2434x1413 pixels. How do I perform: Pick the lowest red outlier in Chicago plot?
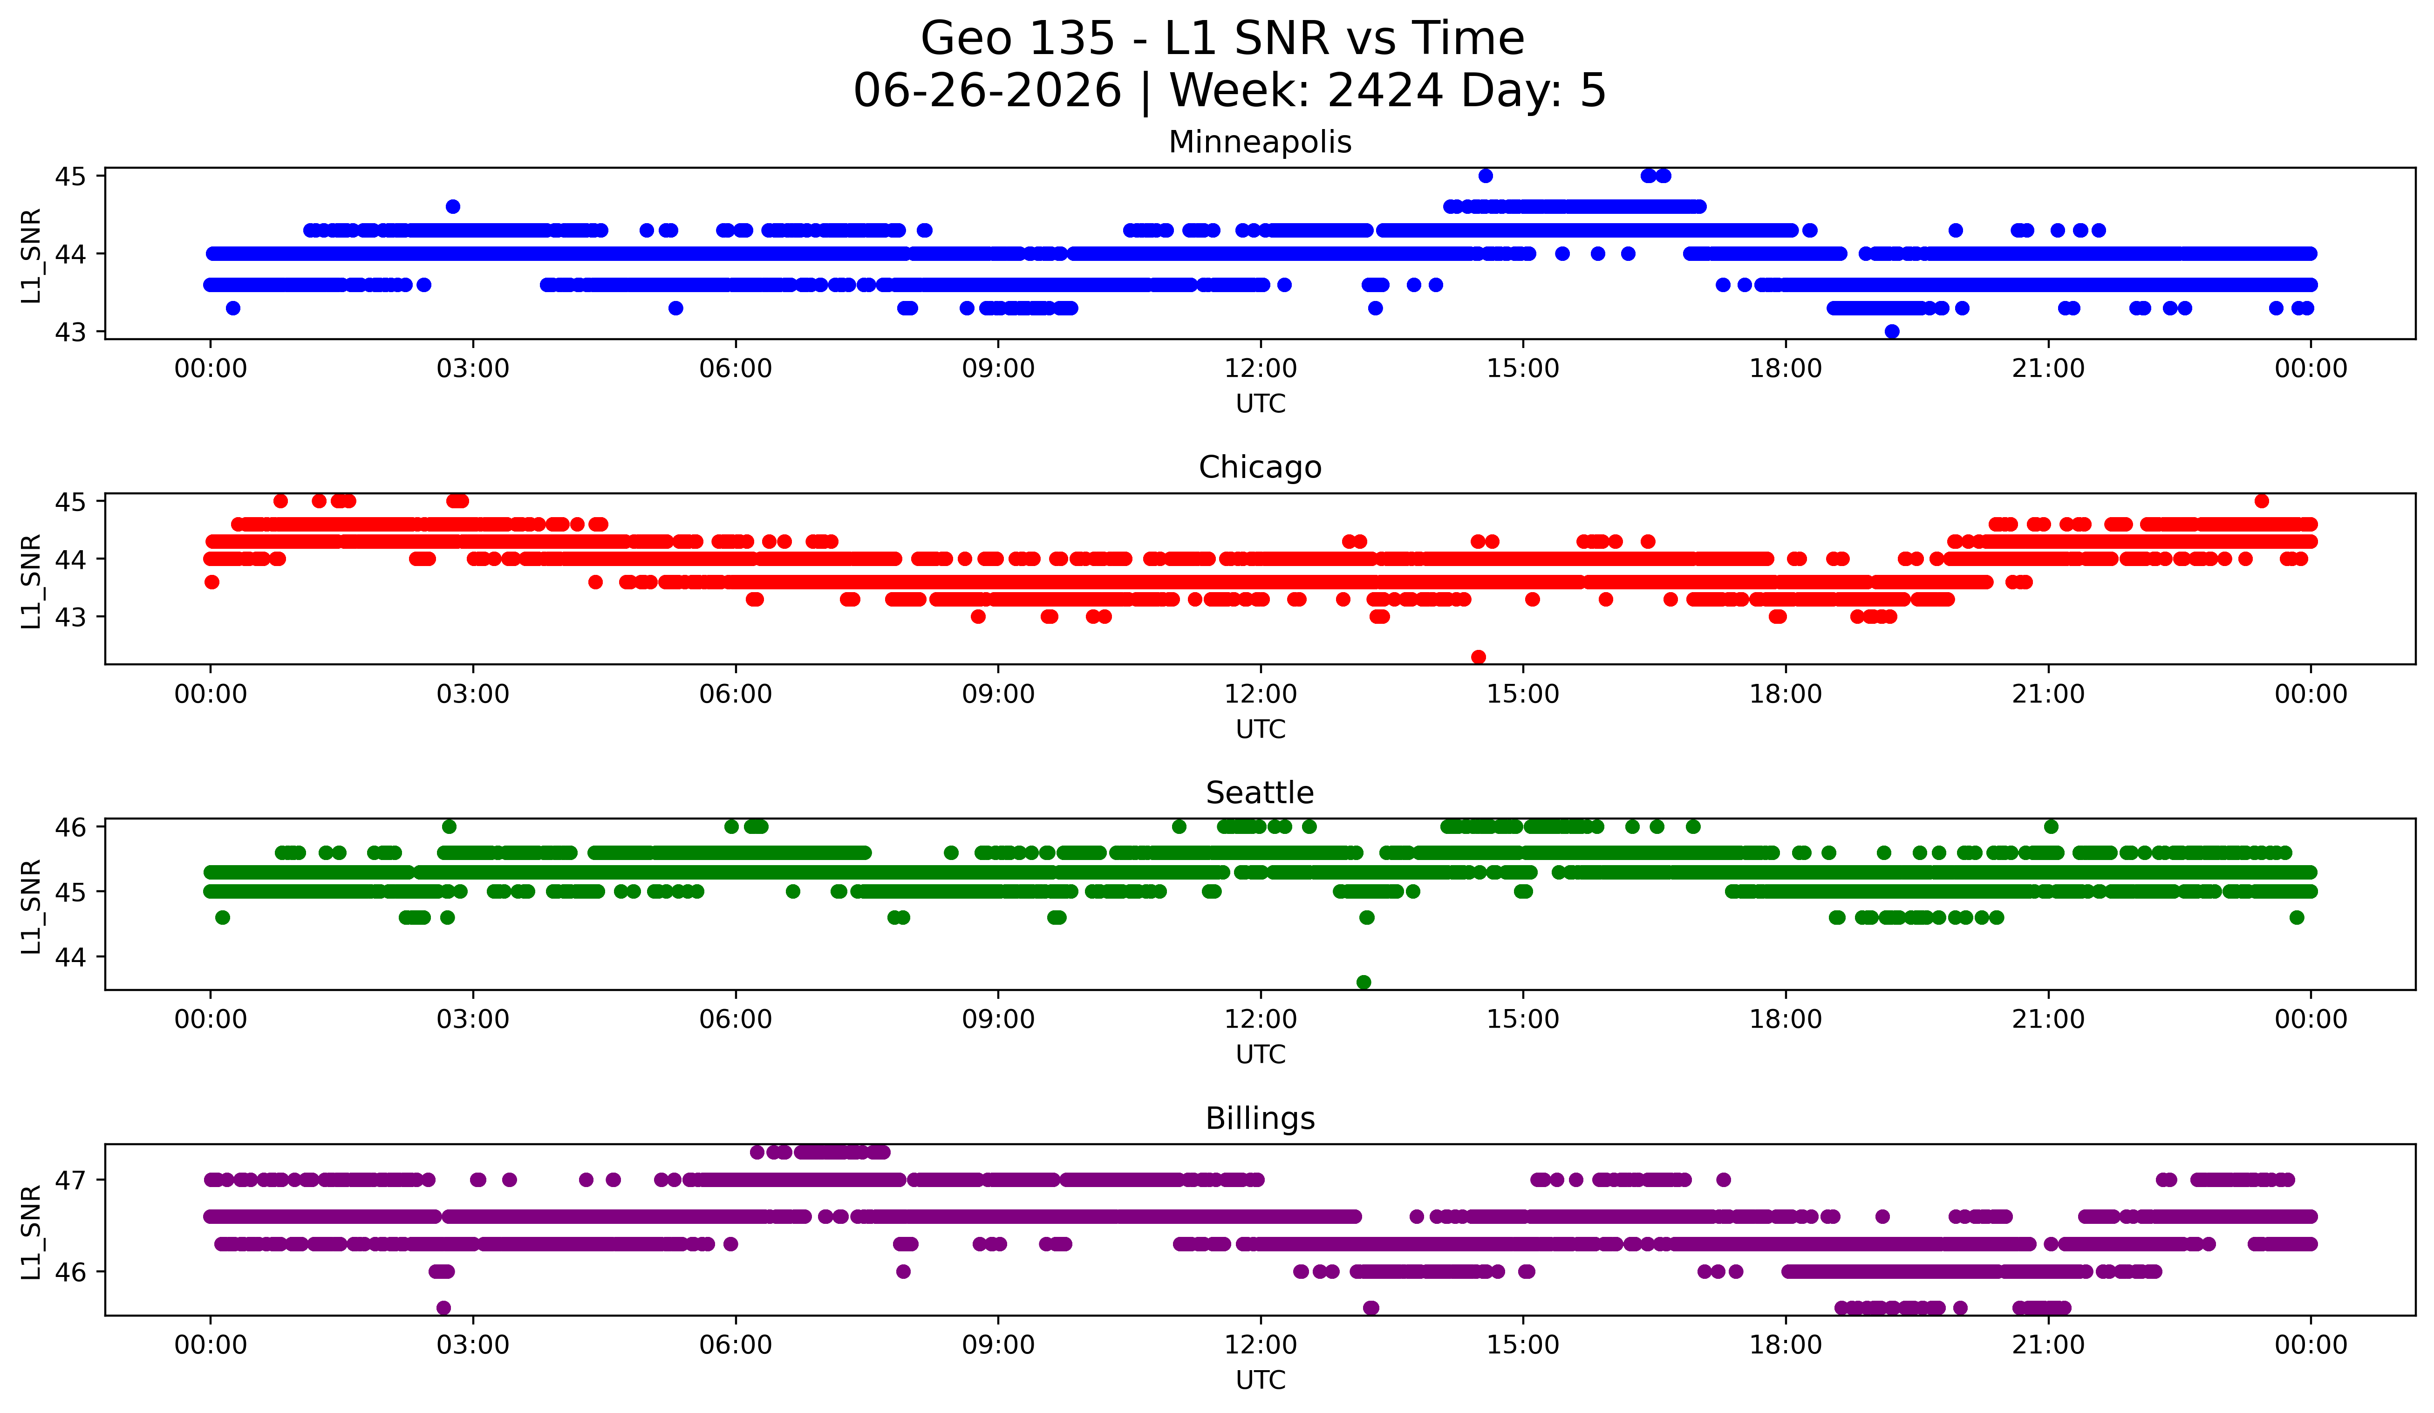(x=1478, y=657)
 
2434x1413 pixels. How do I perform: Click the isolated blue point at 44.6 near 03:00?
(x=453, y=207)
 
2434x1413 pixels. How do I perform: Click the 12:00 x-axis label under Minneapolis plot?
(x=1261, y=369)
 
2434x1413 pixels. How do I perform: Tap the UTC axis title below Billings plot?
(x=1261, y=1380)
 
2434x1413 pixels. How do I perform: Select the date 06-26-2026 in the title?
(x=987, y=91)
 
